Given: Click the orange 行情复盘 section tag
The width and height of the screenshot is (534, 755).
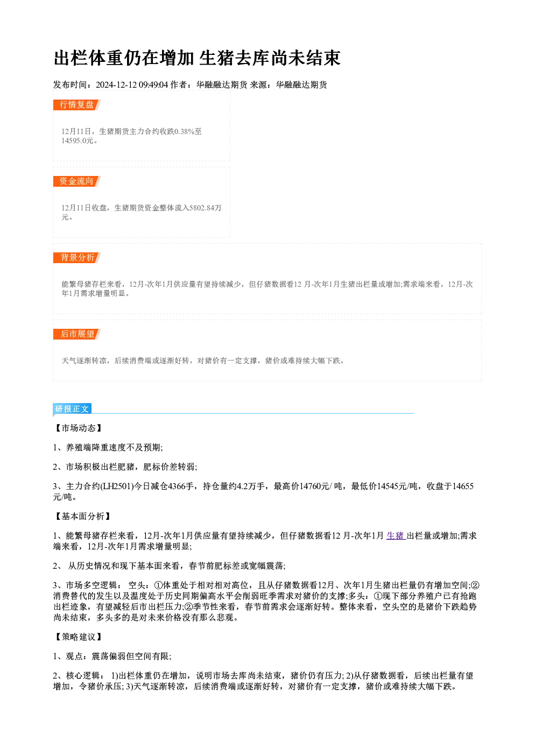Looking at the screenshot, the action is pyautogui.click(x=77, y=105).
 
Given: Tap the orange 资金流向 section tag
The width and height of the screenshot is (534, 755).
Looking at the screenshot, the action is pyautogui.click(x=77, y=181).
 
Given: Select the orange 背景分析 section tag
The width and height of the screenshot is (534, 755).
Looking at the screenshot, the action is pyautogui.click(x=77, y=258).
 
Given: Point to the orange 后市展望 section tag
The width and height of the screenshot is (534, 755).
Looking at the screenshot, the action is pyautogui.click(x=77, y=334).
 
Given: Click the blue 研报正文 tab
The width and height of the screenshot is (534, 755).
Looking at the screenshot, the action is pyautogui.click(x=72, y=409).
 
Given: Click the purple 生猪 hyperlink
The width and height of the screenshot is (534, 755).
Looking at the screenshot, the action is pyautogui.click(x=396, y=535).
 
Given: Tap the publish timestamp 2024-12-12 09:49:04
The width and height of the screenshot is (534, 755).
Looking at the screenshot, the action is pyautogui.click(x=132, y=84).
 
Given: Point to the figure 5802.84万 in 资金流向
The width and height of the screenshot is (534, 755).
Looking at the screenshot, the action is pyautogui.click(x=205, y=208).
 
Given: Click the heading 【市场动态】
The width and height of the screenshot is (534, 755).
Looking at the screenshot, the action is pyautogui.click(x=78, y=428).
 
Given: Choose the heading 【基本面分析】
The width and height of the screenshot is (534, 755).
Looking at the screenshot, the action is pyautogui.click(x=82, y=517).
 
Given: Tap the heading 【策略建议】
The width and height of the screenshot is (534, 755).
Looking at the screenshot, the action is pyautogui.click(x=78, y=637).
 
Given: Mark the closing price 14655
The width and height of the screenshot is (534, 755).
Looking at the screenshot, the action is pyautogui.click(x=462, y=486).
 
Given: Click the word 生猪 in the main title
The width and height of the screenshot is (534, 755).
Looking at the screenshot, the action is pyautogui.click(x=216, y=58).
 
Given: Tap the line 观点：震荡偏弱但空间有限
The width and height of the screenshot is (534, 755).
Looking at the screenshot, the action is pyautogui.click(x=118, y=656).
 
